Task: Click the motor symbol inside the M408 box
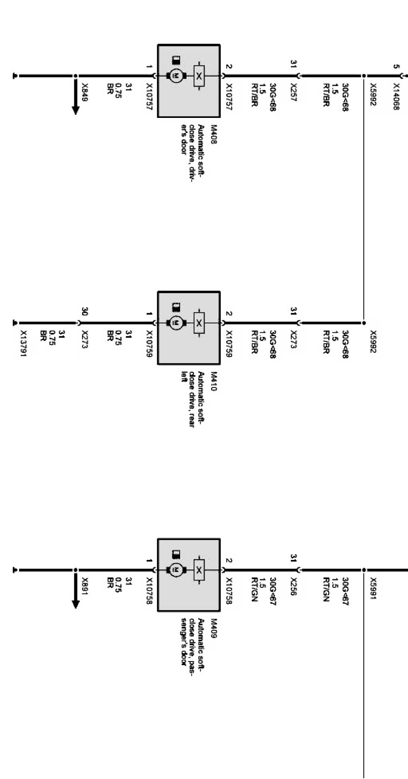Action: click(x=176, y=76)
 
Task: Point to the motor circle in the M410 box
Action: click(x=176, y=323)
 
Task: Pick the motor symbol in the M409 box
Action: click(x=176, y=570)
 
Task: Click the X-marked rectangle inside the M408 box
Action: click(x=199, y=76)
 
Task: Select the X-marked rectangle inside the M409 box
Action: click(x=199, y=570)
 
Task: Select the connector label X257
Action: click(x=293, y=93)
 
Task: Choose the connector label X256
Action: click(x=293, y=587)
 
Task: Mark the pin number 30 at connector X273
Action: click(x=84, y=312)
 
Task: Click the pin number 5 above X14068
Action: click(x=396, y=66)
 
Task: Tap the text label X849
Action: click(x=84, y=92)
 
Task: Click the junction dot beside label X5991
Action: click(x=364, y=570)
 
